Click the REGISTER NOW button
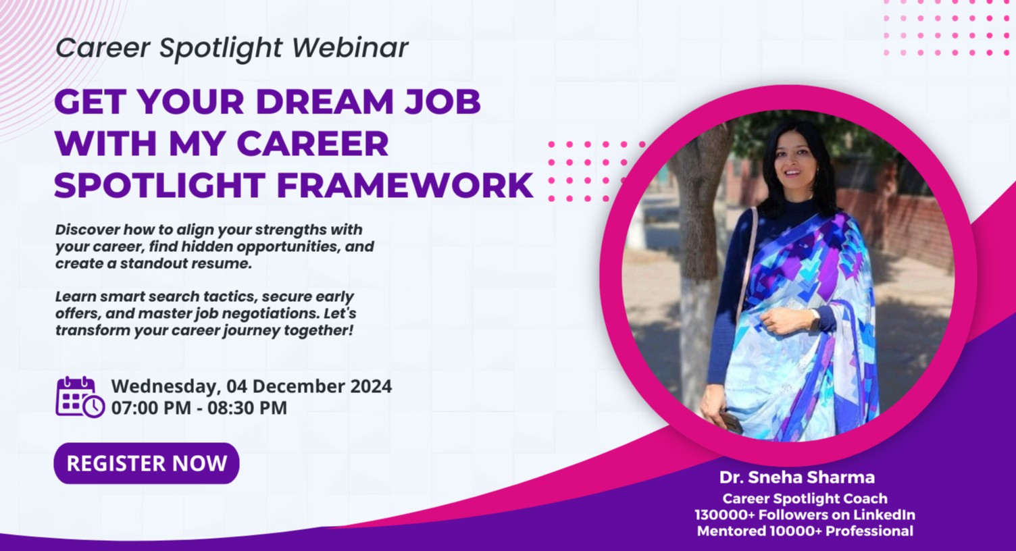click(x=146, y=463)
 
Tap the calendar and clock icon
click(x=80, y=397)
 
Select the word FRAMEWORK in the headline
click(x=405, y=186)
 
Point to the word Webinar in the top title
click(x=351, y=48)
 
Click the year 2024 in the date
click(x=371, y=386)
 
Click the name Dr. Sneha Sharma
click(x=797, y=477)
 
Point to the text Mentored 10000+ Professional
click(x=805, y=531)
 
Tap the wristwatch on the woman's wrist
click(x=815, y=319)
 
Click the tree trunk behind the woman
click(x=699, y=270)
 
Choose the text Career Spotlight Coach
click(x=805, y=498)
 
